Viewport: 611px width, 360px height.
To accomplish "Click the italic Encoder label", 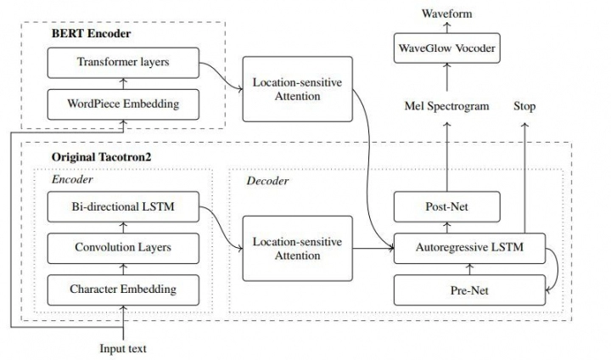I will (x=72, y=180).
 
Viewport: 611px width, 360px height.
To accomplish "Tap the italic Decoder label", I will (x=267, y=181).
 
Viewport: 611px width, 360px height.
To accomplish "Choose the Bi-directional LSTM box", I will (x=124, y=206).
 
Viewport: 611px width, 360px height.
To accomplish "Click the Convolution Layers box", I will (x=124, y=248).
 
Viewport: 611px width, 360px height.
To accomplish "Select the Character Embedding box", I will (x=124, y=290).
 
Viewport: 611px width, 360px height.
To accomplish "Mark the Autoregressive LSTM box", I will (x=468, y=249).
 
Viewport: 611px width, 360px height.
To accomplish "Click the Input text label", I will (x=124, y=348).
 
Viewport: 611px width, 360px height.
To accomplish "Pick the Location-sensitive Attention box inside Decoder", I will (x=298, y=249).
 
